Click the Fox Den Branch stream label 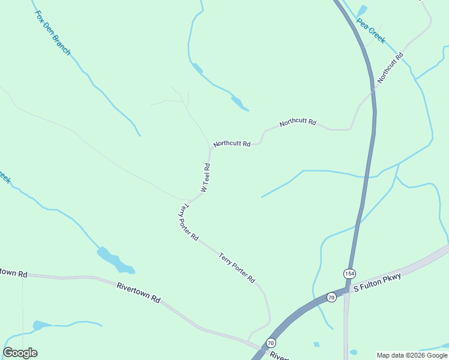53,32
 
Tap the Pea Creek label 370,31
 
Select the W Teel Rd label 206,178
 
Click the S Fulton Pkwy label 377,281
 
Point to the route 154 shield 349,274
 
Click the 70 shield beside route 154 331,297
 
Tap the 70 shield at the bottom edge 271,343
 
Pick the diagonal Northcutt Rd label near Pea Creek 390,68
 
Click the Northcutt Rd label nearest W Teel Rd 231,143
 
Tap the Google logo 20,353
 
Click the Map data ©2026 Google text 412,355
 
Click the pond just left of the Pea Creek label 361,11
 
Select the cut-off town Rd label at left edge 13,272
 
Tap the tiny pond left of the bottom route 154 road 316,344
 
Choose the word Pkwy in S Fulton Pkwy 390,277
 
